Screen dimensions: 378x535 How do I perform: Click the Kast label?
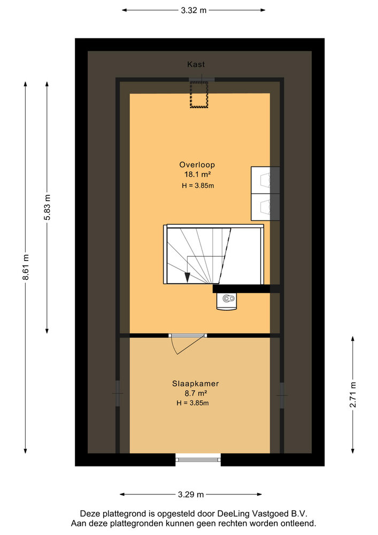[x=196, y=64]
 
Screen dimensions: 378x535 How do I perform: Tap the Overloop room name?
[x=197, y=165]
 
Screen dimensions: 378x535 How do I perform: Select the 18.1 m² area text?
[x=197, y=174]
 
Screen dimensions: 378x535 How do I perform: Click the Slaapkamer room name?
[x=195, y=384]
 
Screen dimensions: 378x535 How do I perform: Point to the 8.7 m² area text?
[x=196, y=393]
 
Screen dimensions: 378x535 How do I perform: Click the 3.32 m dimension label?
[x=194, y=10]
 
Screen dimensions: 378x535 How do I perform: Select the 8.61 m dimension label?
[x=26, y=267]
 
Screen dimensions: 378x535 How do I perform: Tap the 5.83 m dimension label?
[x=47, y=208]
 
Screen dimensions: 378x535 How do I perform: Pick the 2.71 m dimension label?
[x=353, y=395]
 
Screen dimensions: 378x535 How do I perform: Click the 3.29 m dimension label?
[x=191, y=494]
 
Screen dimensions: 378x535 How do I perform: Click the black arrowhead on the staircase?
[x=187, y=277]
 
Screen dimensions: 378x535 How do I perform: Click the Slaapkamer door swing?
[x=188, y=344]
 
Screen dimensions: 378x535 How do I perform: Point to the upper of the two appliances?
[x=266, y=180]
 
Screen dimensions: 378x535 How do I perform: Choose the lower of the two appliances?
[x=266, y=207]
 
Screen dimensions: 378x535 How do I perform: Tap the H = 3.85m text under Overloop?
[x=198, y=186]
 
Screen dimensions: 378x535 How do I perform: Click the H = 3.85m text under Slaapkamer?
[x=192, y=403]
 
